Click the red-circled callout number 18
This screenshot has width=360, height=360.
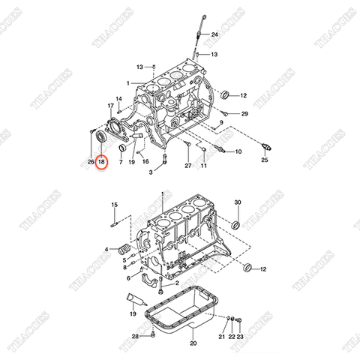pos(103,161)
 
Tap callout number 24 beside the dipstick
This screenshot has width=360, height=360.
pos(214,35)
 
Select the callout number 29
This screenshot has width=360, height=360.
pos(244,113)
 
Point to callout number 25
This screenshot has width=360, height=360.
pos(264,160)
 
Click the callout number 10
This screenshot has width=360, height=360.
pos(238,151)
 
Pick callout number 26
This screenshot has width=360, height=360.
pos(90,161)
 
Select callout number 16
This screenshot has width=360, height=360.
pos(145,161)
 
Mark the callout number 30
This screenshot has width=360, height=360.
pos(238,202)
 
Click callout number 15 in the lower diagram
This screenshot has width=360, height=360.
pos(114,205)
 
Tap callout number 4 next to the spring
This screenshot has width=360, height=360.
pos(107,249)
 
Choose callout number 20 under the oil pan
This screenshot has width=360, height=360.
pos(193,343)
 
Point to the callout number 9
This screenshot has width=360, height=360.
pos(222,121)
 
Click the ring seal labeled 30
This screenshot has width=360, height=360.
pos(235,223)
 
